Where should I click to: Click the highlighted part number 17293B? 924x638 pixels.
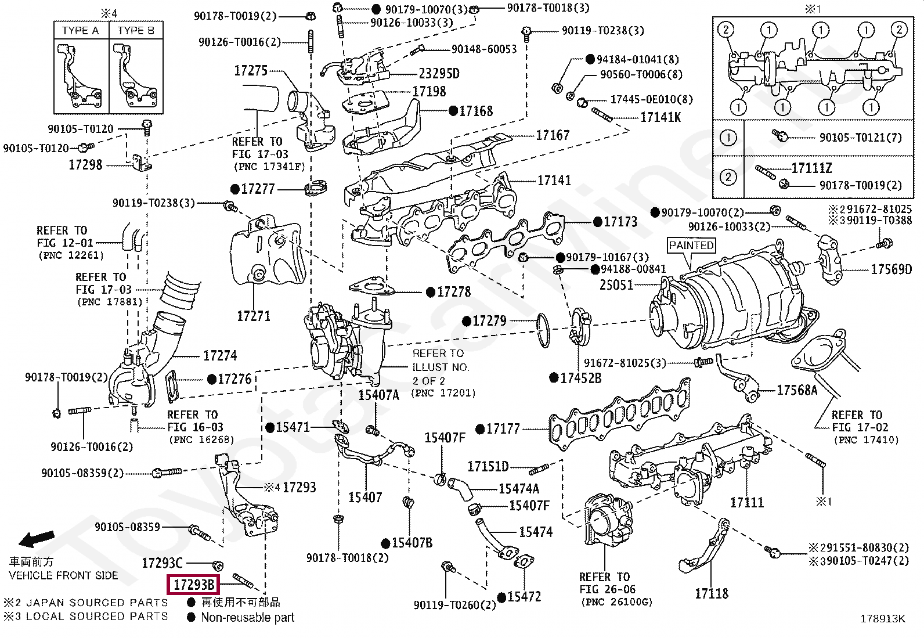193,585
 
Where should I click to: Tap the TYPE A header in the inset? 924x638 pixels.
81,31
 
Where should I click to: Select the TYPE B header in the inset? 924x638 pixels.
136,31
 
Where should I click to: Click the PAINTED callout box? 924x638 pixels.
691,246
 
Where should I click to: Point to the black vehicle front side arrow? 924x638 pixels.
37,539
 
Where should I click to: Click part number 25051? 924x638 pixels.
616,284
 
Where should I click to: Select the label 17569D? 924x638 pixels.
891,269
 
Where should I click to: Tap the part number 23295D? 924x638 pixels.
439,74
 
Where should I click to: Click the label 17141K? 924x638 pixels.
660,118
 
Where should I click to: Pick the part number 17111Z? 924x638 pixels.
811,168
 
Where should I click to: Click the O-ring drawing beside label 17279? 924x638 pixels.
543,330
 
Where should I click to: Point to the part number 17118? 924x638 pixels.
712,593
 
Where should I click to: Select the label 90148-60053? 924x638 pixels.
484,49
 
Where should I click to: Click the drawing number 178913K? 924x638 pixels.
883,619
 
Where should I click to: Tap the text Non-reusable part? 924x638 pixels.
247,617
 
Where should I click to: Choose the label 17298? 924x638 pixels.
85,165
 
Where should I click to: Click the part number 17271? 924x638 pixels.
253,316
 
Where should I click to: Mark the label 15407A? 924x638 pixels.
378,395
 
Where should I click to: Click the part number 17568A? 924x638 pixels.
797,390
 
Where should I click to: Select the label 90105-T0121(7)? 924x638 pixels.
861,138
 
